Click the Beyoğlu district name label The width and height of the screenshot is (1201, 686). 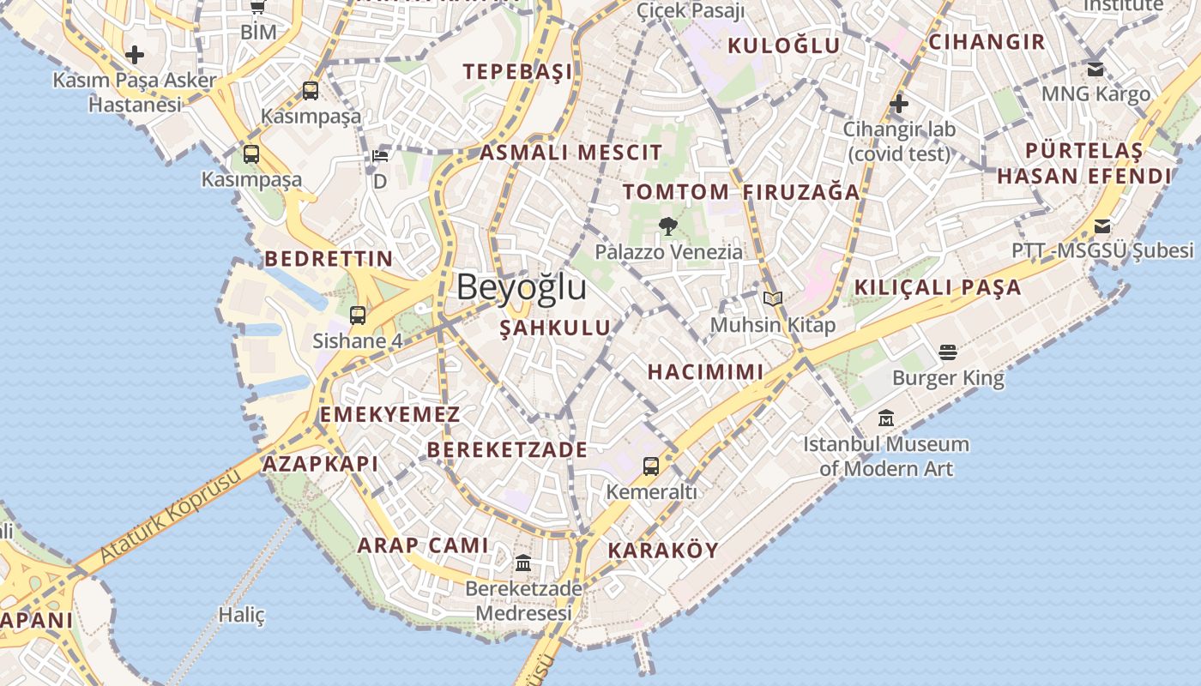click(x=522, y=287)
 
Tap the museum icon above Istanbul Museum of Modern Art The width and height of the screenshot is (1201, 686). click(x=886, y=418)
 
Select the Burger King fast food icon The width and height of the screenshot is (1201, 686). click(x=948, y=352)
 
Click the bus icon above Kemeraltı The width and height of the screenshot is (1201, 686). click(x=651, y=466)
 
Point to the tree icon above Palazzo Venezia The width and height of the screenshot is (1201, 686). click(x=668, y=226)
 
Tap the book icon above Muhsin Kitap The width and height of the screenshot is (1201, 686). click(x=773, y=298)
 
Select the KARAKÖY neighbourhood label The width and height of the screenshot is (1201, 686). click(x=662, y=551)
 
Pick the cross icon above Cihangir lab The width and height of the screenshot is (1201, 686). click(x=898, y=105)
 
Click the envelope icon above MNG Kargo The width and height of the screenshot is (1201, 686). click(x=1095, y=69)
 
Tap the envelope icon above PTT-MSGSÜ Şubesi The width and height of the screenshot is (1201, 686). click(x=1102, y=226)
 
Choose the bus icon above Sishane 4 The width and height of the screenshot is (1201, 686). click(x=358, y=315)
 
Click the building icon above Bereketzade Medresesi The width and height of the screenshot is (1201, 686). click(x=523, y=563)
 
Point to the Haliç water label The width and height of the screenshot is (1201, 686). click(x=241, y=615)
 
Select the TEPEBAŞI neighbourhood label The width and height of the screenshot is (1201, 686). click(x=517, y=71)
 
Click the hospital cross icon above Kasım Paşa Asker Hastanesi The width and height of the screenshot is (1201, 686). click(x=134, y=56)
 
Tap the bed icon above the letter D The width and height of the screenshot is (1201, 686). click(x=380, y=155)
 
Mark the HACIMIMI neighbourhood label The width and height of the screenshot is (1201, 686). click(x=705, y=371)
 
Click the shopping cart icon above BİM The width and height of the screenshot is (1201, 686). click(x=257, y=7)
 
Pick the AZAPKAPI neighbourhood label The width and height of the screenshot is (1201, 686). click(x=320, y=464)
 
